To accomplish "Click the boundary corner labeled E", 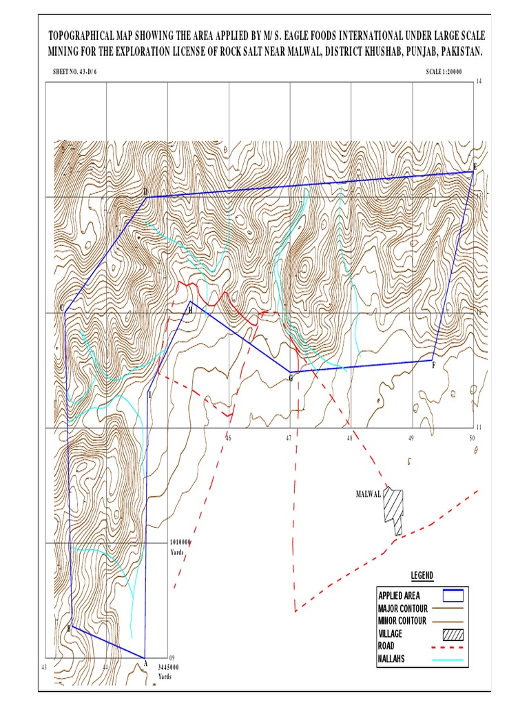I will (473, 171).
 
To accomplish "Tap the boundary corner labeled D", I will (146, 198).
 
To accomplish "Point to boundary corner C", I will (65, 312).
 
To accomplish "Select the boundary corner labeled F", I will (432, 360).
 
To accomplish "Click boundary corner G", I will (290, 372).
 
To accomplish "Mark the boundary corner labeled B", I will (72, 626).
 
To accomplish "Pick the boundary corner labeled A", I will (145, 657).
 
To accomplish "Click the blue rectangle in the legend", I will (449, 596).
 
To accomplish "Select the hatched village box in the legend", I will (449, 634).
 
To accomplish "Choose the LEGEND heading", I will (422, 576).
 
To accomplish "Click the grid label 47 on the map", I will (289, 439).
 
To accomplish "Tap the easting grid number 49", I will (411, 439).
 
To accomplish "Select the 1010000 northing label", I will (180, 543).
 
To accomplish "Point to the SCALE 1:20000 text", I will (444, 71).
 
